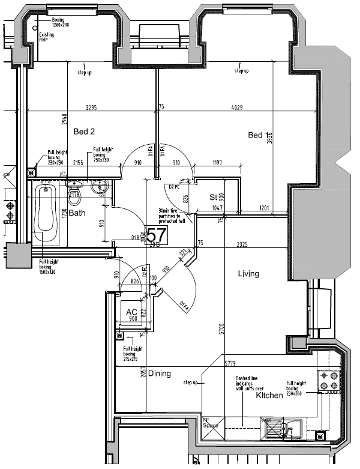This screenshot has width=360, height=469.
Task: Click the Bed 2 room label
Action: click(x=85, y=132)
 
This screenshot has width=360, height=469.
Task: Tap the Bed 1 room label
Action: click(x=259, y=135)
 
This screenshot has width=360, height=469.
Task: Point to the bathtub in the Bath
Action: click(x=46, y=216)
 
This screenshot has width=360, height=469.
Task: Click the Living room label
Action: click(x=248, y=274)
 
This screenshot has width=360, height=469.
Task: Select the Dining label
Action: click(x=160, y=374)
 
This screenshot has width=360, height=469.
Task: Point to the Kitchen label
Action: click(x=269, y=396)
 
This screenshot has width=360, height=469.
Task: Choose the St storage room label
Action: click(x=213, y=197)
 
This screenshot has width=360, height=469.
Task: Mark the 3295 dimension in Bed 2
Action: click(x=91, y=108)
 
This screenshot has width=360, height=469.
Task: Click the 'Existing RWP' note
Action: click(x=47, y=37)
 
